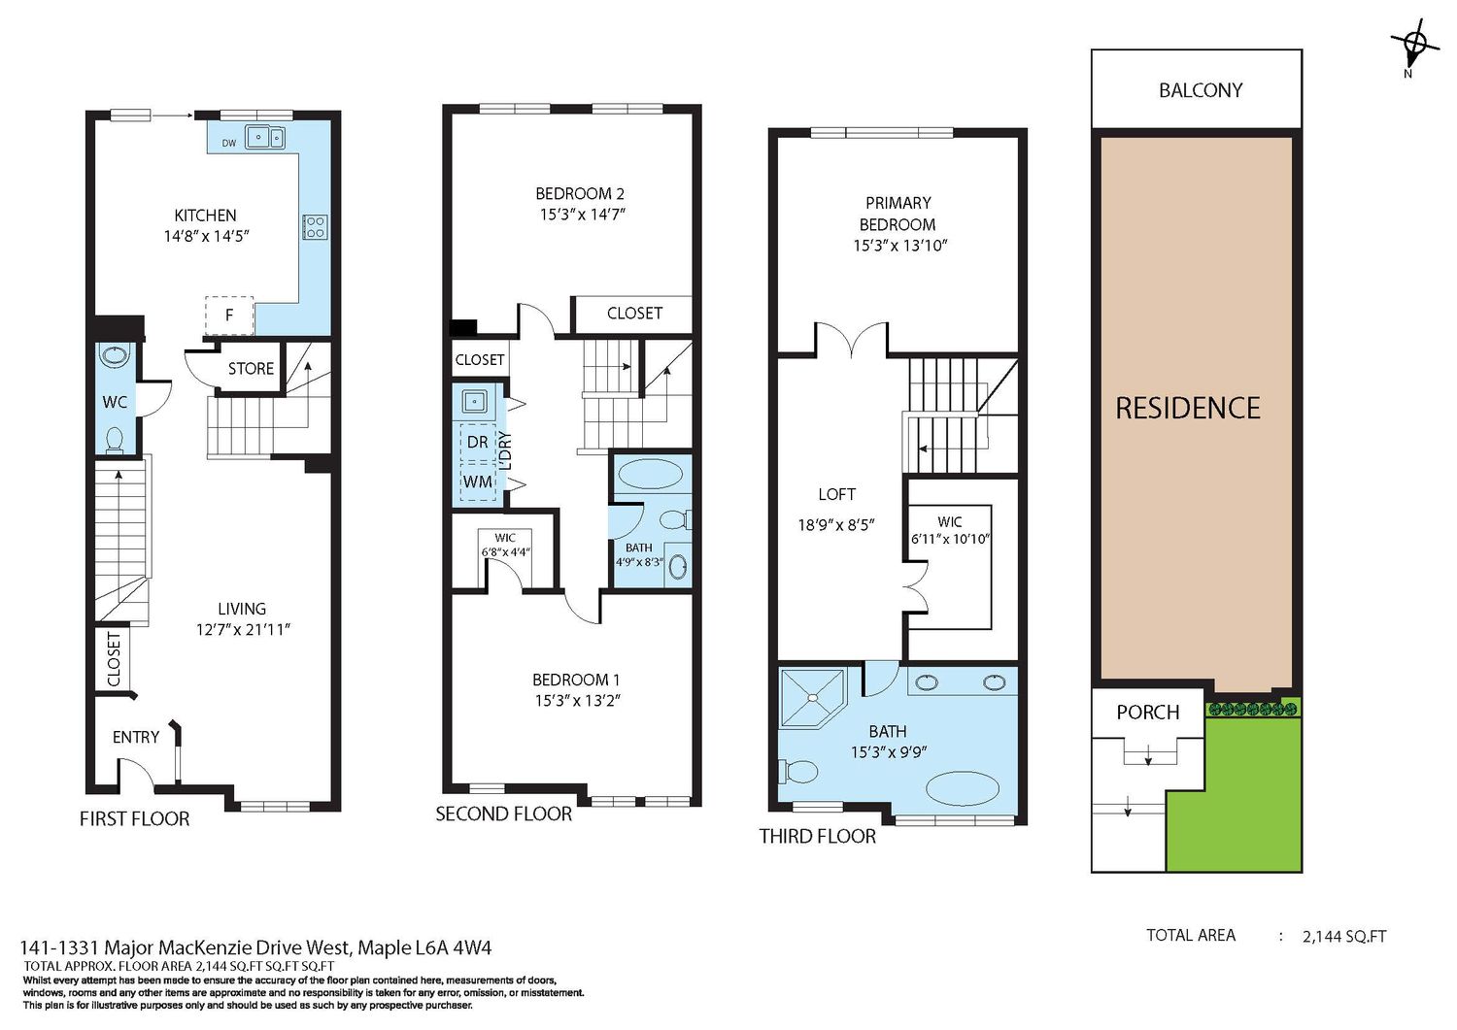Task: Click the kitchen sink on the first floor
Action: (265, 138)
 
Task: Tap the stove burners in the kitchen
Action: (315, 227)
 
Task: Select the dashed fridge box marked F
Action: (229, 316)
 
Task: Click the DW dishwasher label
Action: (229, 143)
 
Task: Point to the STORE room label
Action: (251, 369)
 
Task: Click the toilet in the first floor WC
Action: (115, 440)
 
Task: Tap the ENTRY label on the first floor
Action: (136, 737)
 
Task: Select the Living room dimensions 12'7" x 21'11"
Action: (243, 629)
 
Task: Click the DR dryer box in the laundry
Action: (478, 443)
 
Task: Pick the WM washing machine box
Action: (478, 482)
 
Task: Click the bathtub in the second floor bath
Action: (648, 473)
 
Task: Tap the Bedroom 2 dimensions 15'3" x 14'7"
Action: (582, 214)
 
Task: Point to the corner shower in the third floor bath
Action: (812, 697)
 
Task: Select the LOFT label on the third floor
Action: (836, 495)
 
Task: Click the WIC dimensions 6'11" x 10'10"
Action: (950, 539)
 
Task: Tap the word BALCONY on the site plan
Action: (1201, 90)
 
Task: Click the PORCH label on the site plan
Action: (1148, 713)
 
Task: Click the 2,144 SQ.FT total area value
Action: (1344, 937)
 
